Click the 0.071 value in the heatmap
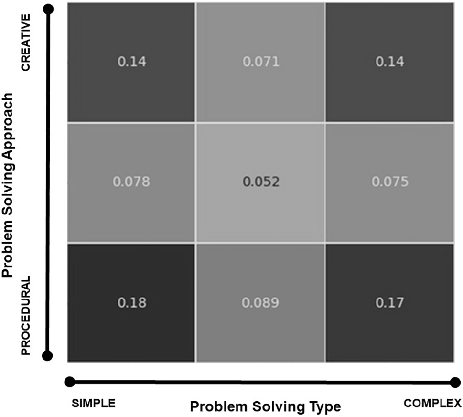click(x=261, y=62)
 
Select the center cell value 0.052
click(x=261, y=182)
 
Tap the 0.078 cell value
click(x=131, y=182)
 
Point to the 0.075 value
click(x=390, y=182)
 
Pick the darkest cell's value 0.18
click(x=132, y=302)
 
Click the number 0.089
click(x=260, y=302)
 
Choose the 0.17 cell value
click(x=390, y=302)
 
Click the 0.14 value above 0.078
click(x=132, y=62)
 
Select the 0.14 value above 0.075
click(x=390, y=62)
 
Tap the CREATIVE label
click(x=26, y=43)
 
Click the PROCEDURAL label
click(x=26, y=315)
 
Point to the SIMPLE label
click(x=94, y=403)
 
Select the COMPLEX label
click(x=432, y=403)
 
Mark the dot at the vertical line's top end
click(x=48, y=10)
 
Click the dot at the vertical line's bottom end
click(x=47, y=355)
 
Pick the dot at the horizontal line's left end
click(x=70, y=382)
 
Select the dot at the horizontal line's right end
click(x=456, y=383)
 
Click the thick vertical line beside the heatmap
click(x=48, y=182)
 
